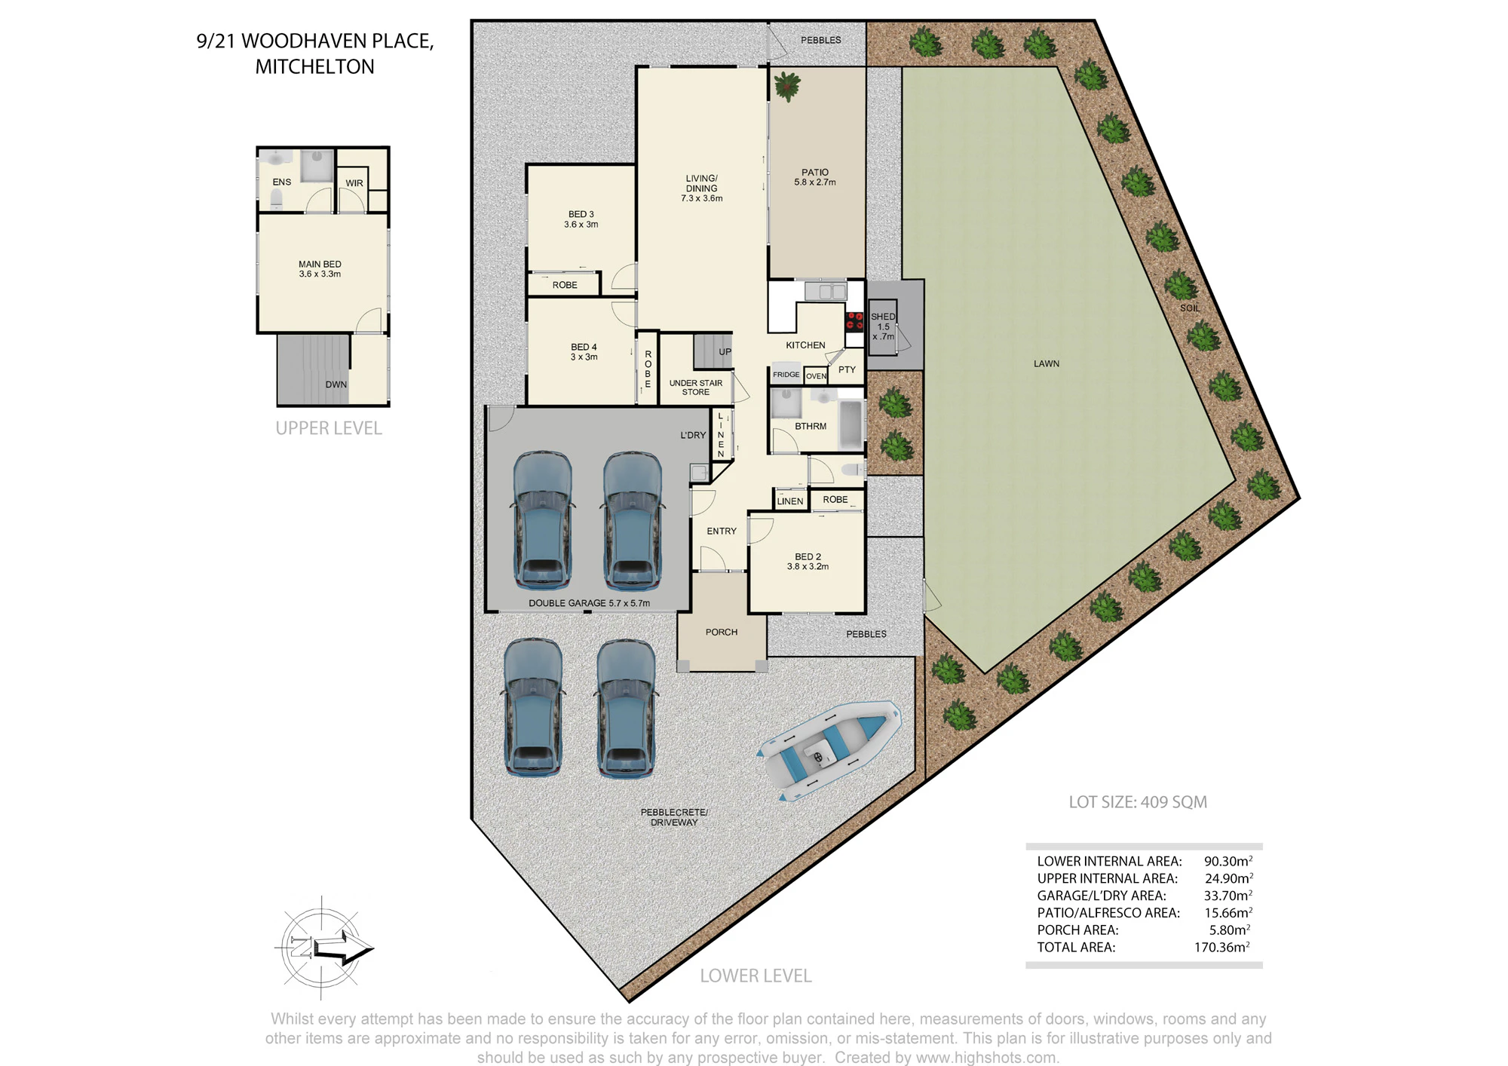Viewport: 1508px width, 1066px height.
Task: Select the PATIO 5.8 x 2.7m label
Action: (x=815, y=177)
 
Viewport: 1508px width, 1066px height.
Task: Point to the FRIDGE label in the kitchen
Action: (x=786, y=375)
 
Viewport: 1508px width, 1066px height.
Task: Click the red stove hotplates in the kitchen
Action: (x=854, y=321)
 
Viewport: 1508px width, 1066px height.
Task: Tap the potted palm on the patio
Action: (x=786, y=86)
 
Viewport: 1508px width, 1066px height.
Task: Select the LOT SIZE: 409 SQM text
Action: (x=1138, y=802)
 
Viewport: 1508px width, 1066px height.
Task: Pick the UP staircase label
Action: (x=725, y=352)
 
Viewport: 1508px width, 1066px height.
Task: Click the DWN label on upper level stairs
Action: (x=336, y=384)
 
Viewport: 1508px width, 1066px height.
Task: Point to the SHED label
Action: (x=883, y=317)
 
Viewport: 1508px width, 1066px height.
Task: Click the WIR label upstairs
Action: (x=354, y=183)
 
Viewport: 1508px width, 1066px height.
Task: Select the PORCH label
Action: (x=722, y=633)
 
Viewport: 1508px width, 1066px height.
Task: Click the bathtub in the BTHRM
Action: (x=851, y=424)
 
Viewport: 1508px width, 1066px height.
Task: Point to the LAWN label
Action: (x=1047, y=363)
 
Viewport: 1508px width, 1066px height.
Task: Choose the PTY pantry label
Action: (x=847, y=369)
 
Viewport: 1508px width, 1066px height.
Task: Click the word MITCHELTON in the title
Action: (x=314, y=66)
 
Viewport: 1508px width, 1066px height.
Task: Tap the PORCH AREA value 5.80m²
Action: (x=1230, y=930)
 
